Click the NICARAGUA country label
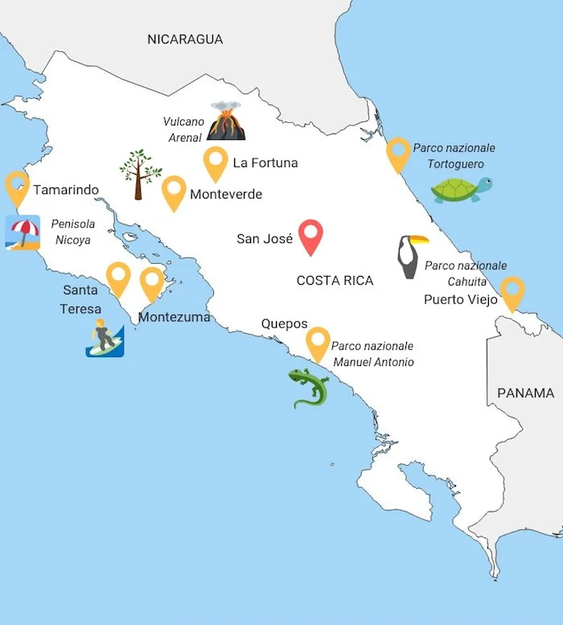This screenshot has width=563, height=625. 184,39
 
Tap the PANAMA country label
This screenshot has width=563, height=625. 525,393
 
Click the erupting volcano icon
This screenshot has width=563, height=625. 225,121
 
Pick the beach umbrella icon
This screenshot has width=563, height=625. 22,232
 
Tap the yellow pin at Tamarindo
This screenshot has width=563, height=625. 17,187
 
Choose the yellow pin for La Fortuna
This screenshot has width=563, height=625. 216,163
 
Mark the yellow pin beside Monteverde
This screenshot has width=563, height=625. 174,192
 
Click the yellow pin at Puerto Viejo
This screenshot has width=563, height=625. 512,292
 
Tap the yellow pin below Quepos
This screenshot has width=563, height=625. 318,343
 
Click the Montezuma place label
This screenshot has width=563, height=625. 174,317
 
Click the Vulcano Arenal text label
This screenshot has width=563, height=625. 183,130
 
